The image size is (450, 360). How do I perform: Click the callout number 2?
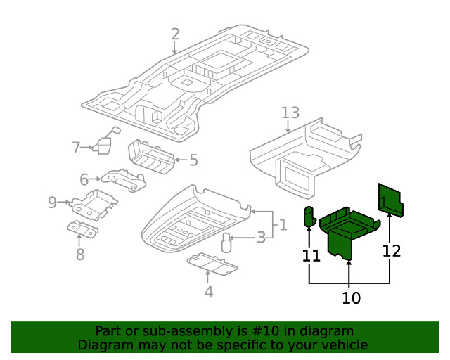(175, 34)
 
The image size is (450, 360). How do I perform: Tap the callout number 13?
(290, 112)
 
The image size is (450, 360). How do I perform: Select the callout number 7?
(76, 148)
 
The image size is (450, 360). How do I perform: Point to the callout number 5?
(193, 160)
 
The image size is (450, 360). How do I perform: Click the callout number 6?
(84, 179)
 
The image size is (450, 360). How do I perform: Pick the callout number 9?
(52, 202)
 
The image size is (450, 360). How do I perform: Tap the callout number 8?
(80, 254)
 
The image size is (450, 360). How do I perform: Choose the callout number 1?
(282, 225)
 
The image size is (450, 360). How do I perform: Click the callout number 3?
(261, 238)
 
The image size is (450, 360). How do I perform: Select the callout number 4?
(209, 292)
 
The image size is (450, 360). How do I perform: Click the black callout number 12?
(392, 250)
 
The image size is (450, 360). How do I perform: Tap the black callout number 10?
(351, 298)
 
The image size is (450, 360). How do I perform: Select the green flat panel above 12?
(390, 200)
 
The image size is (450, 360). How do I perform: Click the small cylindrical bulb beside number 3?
(227, 243)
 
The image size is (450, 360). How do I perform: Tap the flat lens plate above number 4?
(213, 264)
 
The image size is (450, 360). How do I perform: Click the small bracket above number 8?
(83, 229)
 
